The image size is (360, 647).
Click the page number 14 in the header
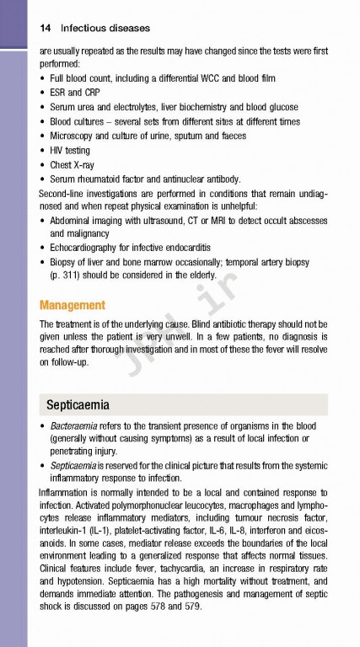coord(46,29)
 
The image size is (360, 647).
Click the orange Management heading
coord(73,305)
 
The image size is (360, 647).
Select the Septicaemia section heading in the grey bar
coord(78,404)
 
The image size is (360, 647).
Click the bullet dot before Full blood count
coord(42,79)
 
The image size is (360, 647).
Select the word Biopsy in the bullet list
coord(65,261)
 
